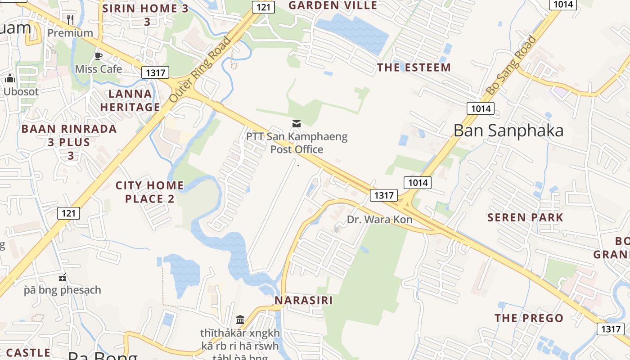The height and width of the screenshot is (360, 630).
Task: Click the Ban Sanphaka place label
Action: point(508,130)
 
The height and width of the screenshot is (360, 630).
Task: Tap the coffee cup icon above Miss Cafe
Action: point(98,56)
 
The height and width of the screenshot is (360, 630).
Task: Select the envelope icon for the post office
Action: point(297,123)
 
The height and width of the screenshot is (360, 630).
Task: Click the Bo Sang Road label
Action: point(511,66)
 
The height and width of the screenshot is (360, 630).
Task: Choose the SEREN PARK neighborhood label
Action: point(525,218)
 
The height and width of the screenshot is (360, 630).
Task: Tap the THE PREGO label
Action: point(529,318)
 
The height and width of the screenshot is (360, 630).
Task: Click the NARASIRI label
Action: point(304,300)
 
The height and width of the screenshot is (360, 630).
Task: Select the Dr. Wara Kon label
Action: point(380,220)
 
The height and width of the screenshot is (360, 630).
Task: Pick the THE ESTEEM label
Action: point(414,67)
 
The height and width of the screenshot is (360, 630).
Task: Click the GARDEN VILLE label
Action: point(333,5)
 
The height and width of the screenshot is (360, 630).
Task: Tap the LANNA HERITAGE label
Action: point(130,100)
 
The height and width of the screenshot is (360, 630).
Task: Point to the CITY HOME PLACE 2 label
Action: point(150,192)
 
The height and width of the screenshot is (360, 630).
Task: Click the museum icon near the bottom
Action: point(240,320)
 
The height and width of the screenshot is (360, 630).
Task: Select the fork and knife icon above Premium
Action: point(70,19)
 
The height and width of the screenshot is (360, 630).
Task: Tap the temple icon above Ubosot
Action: point(10,79)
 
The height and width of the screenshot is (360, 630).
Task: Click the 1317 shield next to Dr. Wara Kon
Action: point(384,195)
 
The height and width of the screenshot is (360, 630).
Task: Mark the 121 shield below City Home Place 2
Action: point(68,213)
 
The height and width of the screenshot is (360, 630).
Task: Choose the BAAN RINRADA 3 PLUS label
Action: point(69,142)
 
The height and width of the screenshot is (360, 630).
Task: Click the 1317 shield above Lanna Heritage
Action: point(155,72)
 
